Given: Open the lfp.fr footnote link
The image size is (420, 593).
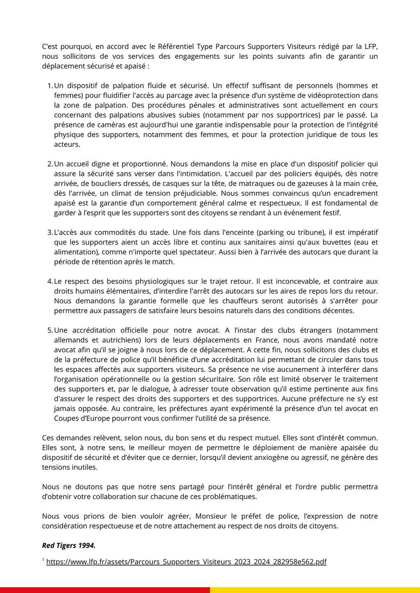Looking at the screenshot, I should point(186,562).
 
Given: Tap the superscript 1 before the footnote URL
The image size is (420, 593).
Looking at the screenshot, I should point(43,560).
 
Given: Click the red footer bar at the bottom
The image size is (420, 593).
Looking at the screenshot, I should point(105,590).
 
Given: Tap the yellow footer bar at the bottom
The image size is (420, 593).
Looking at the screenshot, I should point(315,590).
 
